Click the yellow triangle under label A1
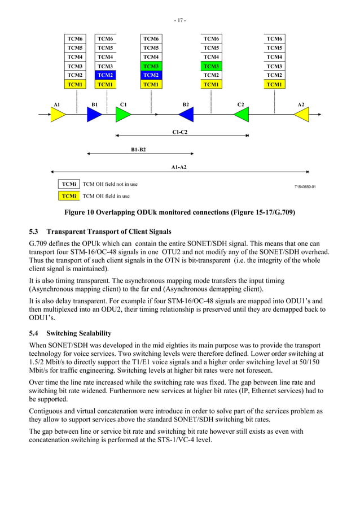click(x=58, y=115)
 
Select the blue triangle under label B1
click(x=94, y=115)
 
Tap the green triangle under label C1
click(x=123, y=115)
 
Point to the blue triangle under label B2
click(x=186, y=115)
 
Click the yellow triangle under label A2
click(x=301, y=115)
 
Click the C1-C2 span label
click(x=179, y=132)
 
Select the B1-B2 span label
click(x=138, y=150)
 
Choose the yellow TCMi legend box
click(x=69, y=196)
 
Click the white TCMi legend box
click(x=69, y=184)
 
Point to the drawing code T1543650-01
click(x=305, y=187)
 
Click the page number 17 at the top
click(x=179, y=20)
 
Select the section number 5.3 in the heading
click(x=34, y=232)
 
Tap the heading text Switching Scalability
click(x=79, y=333)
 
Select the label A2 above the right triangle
click(x=301, y=104)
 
